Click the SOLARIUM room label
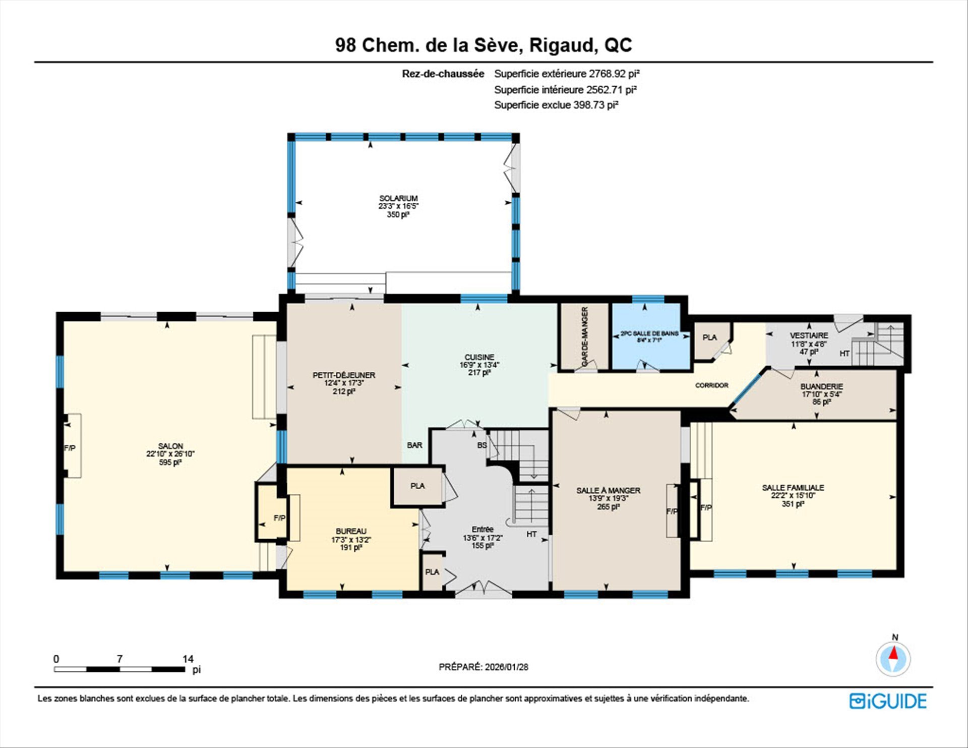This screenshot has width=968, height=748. (x=398, y=198)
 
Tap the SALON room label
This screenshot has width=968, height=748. (x=170, y=446)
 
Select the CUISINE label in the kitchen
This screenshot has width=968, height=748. (x=479, y=357)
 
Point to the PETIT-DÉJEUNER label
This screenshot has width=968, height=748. (x=344, y=375)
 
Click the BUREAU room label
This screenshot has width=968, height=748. (x=351, y=531)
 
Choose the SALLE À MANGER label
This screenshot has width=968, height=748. (x=608, y=490)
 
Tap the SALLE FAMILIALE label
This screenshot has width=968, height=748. (x=793, y=488)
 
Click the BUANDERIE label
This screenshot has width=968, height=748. (x=822, y=386)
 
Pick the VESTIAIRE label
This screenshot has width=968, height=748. (x=809, y=335)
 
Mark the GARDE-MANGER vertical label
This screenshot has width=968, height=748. (x=585, y=336)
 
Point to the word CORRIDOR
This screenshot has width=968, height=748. (x=712, y=385)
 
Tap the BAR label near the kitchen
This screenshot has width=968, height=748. (x=414, y=445)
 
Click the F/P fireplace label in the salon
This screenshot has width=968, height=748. (x=70, y=448)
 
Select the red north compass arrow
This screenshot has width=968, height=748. (x=893, y=654)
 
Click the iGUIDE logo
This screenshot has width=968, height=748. (x=888, y=701)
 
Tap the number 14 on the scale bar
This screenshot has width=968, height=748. (x=188, y=659)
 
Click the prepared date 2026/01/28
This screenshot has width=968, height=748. (x=507, y=667)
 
